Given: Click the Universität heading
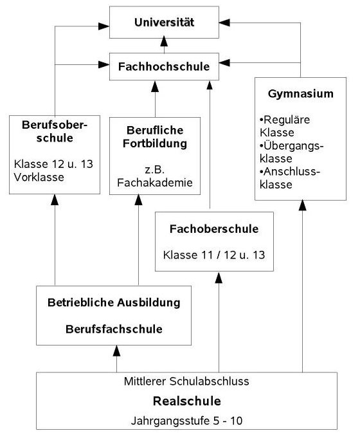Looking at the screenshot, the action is point(164,23).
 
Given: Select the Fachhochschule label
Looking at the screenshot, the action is point(164,66).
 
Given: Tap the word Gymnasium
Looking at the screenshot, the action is point(301,94).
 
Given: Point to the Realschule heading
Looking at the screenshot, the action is point(187,401).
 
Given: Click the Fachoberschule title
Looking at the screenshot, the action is point(214,229).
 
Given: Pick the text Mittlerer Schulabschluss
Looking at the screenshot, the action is point(186,382).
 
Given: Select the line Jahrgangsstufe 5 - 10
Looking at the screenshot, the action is point(186,421).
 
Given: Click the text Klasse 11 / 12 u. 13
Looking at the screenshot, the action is point(214,255).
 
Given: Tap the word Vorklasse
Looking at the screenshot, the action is point(39,177).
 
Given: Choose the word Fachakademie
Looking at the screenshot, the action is point(155,183).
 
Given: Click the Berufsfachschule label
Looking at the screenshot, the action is point(114,329).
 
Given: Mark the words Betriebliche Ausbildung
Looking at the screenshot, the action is point(114,302).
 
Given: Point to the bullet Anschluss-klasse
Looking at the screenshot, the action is point(290,178).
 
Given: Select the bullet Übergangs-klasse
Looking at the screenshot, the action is point(291,152).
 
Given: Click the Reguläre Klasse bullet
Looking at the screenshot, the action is point(285,126).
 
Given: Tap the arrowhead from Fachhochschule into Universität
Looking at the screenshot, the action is point(164,41).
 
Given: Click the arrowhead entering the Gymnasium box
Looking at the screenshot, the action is point(302,205).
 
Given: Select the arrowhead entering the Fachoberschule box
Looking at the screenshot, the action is point(219,278).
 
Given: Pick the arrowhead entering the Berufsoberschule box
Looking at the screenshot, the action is point(55,199).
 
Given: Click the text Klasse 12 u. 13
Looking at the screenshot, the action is point(53,164).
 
